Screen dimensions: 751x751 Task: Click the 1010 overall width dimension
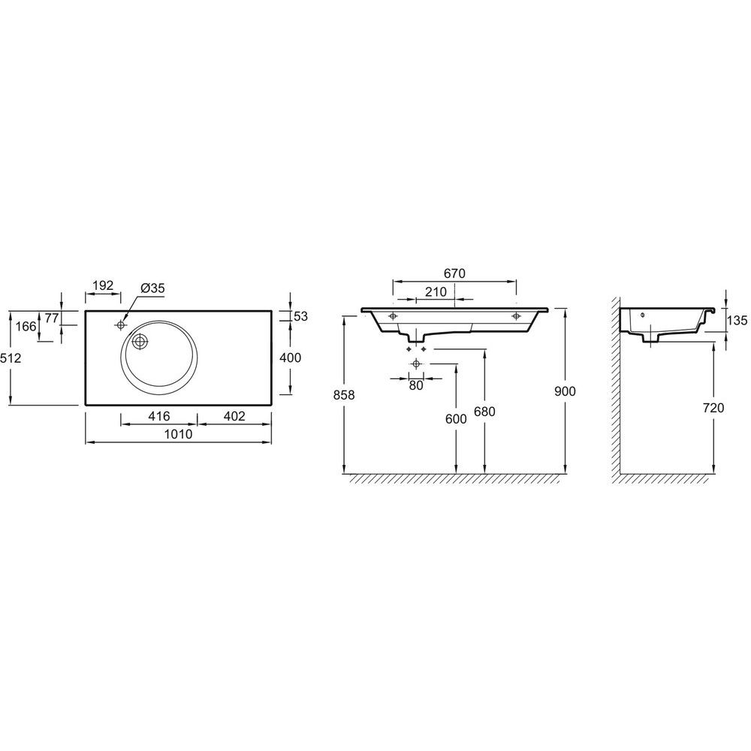[178, 434]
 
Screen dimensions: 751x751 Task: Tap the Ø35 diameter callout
[152, 288]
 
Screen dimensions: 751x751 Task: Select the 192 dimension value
[103, 285]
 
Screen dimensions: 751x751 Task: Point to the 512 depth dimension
[11, 357]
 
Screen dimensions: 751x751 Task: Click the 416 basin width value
[159, 416]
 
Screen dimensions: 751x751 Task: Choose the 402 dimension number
[234, 416]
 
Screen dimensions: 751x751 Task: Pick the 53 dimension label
[301, 317]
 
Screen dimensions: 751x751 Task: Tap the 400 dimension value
[290, 357]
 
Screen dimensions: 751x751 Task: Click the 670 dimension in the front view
[454, 273]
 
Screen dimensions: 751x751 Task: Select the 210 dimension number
[436, 291]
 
